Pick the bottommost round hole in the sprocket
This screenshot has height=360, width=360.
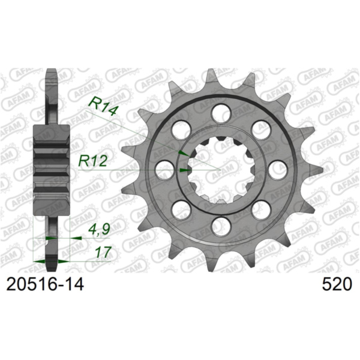(x=220, y=226)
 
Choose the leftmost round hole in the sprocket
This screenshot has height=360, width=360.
(x=164, y=170)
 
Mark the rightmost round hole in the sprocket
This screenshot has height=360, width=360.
(x=277, y=170)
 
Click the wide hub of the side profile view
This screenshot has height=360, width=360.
(x=50, y=159)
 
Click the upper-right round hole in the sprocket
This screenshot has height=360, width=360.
(x=261, y=128)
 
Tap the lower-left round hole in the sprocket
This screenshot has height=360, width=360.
(x=180, y=209)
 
